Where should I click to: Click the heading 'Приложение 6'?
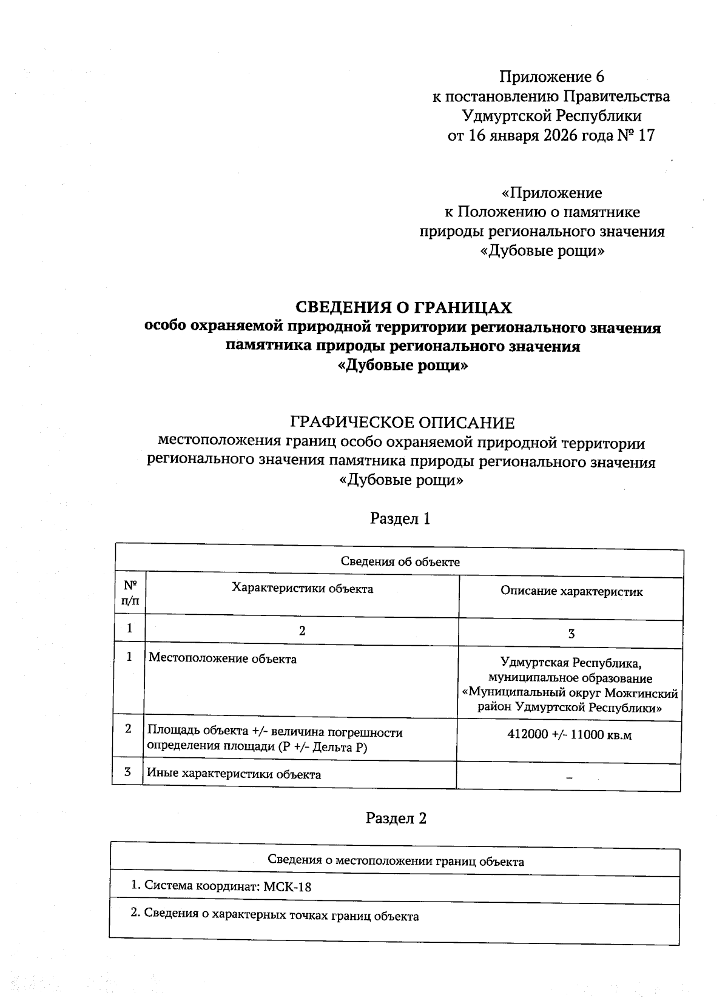[551, 77]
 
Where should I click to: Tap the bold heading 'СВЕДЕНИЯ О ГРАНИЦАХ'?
[403, 308]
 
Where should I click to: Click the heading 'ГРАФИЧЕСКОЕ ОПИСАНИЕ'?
[402, 423]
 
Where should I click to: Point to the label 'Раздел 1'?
[400, 518]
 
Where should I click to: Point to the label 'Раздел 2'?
[396, 818]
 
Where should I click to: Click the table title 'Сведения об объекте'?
[400, 562]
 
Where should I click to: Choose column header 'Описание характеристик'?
[571, 591]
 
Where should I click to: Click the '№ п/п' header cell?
[130, 593]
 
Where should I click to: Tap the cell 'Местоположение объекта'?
[223, 658]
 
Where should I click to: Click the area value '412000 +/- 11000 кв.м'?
[569, 735]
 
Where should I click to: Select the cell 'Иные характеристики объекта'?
[234, 774]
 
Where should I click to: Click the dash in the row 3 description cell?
[569, 778]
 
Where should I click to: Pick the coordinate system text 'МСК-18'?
[288, 886]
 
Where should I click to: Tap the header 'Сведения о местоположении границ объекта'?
[396, 862]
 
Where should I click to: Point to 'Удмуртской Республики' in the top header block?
[551, 116]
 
